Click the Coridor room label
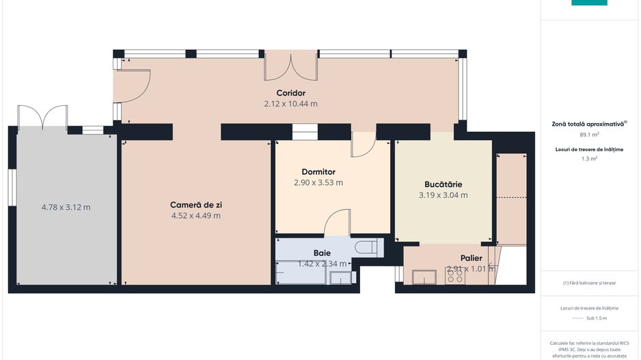[x=290, y=93]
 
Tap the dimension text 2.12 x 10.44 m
[x=290, y=104]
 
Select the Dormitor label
[x=318, y=171]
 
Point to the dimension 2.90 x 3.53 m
[x=318, y=182]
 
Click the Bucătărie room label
[x=443, y=184]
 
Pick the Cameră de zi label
[x=195, y=204]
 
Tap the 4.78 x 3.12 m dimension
[x=66, y=207]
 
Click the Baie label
[x=322, y=253]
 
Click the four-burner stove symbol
[x=455, y=277]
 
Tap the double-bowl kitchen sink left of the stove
[x=424, y=277]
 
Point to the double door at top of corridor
[x=290, y=66]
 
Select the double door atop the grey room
[x=42, y=117]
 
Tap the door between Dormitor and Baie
[x=337, y=223]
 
